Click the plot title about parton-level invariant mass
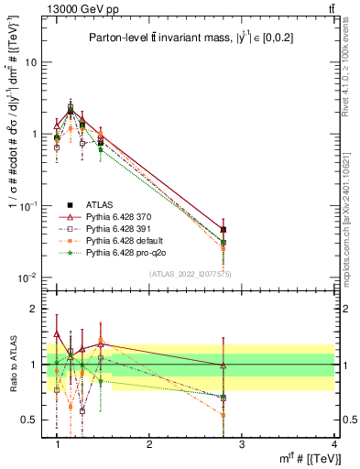(x=188, y=37)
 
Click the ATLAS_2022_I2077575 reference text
(x=191, y=274)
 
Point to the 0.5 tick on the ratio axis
(x=31, y=420)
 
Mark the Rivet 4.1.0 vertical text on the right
(x=346, y=69)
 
